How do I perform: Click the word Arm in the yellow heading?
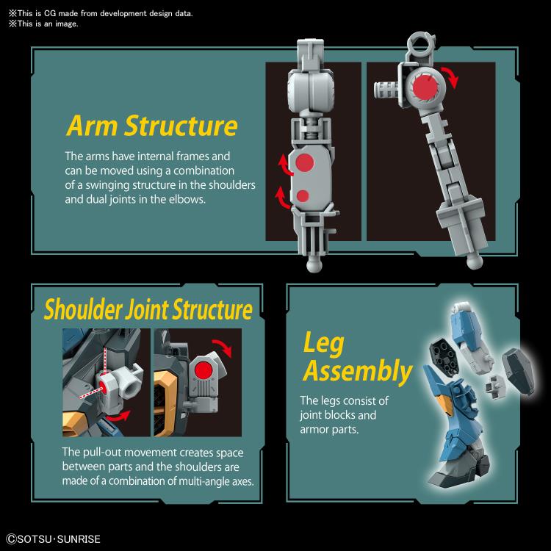tap(92, 126)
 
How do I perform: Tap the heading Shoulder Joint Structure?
tap(148, 309)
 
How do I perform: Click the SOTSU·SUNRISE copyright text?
tap(54, 539)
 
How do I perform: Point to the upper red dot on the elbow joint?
tap(304, 163)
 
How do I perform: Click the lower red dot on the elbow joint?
tap(303, 196)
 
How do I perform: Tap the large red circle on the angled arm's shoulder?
tap(425, 87)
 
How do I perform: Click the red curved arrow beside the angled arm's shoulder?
tap(453, 76)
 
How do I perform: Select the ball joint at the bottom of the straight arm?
tap(314, 264)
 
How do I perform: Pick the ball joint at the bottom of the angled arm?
tap(475, 261)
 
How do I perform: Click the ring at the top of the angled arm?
tap(421, 41)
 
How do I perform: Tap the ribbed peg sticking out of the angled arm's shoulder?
tap(386, 90)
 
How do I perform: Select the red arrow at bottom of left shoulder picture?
tap(119, 416)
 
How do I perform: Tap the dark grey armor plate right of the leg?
tap(518, 372)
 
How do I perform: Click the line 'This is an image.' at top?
tap(43, 24)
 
